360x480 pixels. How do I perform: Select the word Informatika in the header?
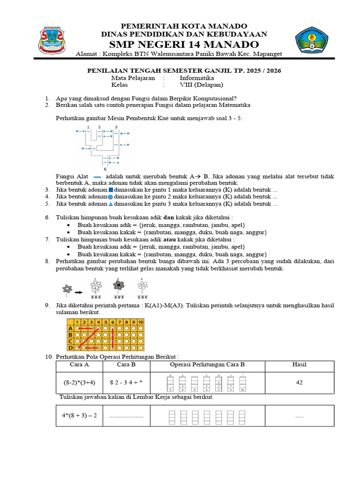(197, 78)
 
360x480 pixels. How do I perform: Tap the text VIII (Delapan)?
(202, 85)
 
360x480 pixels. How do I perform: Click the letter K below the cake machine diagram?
(105, 169)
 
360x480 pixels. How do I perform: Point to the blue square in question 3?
(111, 190)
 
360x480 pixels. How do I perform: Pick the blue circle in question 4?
(111, 197)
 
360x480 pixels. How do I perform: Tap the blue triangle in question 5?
(111, 204)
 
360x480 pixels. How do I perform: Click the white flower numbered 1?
(96, 287)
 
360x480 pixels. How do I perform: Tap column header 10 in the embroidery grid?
(140, 322)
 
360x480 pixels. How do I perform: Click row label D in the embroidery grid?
(70, 347)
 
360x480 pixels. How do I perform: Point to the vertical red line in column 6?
(113, 337)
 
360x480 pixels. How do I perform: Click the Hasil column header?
(299, 365)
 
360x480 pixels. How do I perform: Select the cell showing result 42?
(299, 382)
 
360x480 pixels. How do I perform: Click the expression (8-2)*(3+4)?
(79, 382)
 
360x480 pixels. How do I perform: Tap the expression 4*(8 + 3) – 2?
(79, 415)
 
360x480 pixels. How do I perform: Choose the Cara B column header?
(126, 365)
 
